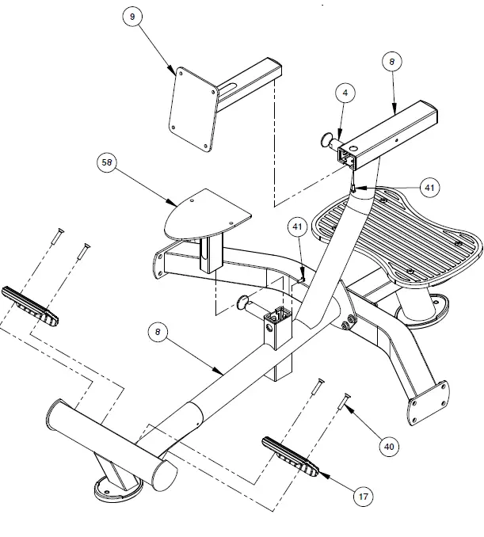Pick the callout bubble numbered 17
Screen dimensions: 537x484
(x=364, y=497)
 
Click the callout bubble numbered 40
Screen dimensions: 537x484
(x=388, y=447)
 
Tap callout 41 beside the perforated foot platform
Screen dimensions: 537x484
(x=429, y=187)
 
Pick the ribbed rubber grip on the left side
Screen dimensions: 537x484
(x=30, y=305)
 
